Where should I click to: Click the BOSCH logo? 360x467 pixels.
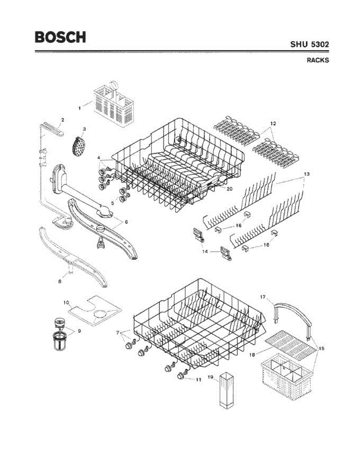[x=60, y=37]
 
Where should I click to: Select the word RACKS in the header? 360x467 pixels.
[x=318, y=60]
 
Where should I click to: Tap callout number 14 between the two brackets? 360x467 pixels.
[x=205, y=251]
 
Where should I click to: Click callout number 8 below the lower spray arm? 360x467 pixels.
[x=60, y=282]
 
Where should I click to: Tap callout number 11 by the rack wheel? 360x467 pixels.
[x=198, y=379]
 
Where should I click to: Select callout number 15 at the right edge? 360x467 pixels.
[x=321, y=348]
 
